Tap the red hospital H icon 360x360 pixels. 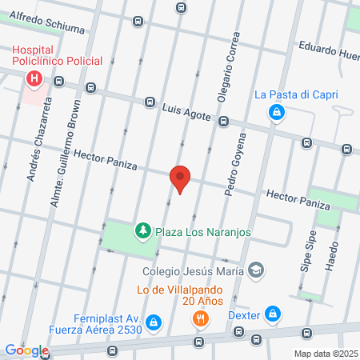pyautogui.click(x=34, y=79)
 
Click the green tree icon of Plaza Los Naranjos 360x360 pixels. pyautogui.click(x=143, y=231)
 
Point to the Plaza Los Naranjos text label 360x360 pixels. pyautogui.click(x=203, y=232)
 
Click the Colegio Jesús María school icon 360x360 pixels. pyautogui.click(x=255, y=269)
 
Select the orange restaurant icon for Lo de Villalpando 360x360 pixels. pyautogui.click(x=200, y=318)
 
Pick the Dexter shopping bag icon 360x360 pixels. pyautogui.click(x=273, y=314)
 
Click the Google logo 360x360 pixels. pyautogui.click(x=26, y=350)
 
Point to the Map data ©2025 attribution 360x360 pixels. pyautogui.click(x=325, y=354)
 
